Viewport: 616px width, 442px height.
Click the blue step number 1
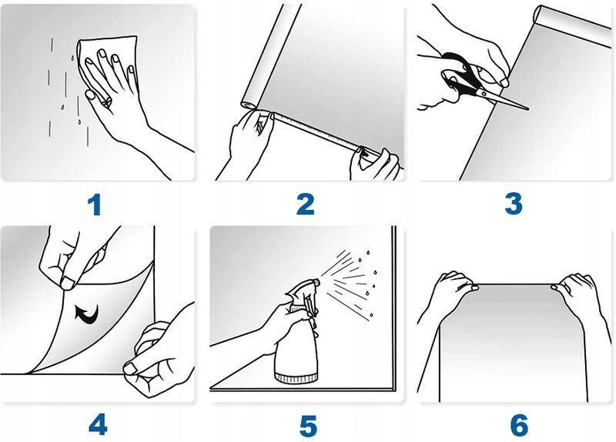click(x=95, y=205)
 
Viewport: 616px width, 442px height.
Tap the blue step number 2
click(x=305, y=204)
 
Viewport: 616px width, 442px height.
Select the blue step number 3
click(x=514, y=204)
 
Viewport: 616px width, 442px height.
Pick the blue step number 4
click(x=98, y=425)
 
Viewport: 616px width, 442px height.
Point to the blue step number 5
click(x=309, y=426)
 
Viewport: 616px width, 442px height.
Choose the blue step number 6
click(x=519, y=426)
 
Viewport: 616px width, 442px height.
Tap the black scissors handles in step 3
click(x=460, y=75)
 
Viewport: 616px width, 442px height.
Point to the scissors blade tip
click(x=528, y=109)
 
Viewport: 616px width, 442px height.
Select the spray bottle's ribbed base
click(x=296, y=378)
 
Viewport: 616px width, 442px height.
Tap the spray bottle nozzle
click(x=316, y=281)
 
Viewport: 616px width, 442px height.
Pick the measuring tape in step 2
click(x=318, y=133)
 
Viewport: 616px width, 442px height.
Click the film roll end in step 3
click(x=537, y=15)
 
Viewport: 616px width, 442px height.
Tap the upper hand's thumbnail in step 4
click(x=68, y=283)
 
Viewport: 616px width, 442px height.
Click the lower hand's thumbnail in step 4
click(x=130, y=368)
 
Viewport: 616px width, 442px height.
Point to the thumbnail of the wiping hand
click(x=90, y=95)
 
